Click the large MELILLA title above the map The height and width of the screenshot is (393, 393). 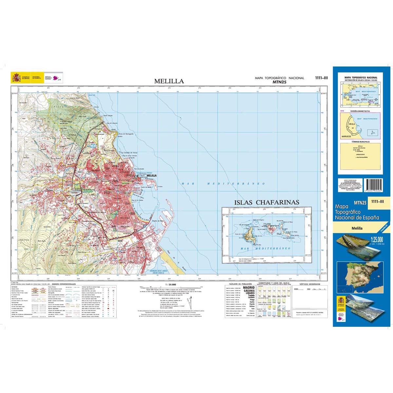(169, 81)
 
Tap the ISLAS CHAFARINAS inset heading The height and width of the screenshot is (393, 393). (267, 202)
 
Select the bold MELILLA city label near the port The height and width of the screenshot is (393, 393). (152, 176)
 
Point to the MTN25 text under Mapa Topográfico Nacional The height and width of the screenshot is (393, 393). (279, 82)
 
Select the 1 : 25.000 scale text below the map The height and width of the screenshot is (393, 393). (171, 285)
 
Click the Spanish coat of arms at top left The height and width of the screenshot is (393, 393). (16, 77)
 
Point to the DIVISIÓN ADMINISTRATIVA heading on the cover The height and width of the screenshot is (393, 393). (360, 111)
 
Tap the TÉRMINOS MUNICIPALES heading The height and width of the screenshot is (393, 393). (360, 142)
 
